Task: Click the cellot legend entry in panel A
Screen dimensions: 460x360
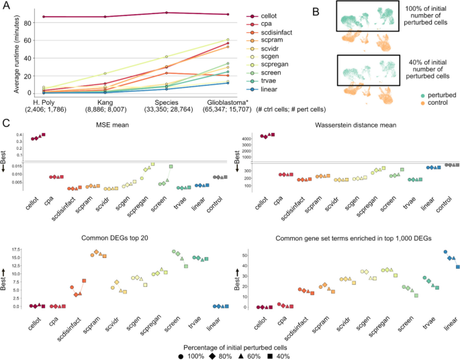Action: (261, 16)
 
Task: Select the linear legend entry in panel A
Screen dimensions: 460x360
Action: (261, 89)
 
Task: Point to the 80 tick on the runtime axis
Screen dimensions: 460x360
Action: (28, 23)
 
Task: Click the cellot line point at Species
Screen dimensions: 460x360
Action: (167, 13)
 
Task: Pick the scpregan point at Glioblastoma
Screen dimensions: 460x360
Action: (228, 40)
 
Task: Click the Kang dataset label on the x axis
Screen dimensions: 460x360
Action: (105, 103)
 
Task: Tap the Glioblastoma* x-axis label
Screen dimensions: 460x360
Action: (227, 103)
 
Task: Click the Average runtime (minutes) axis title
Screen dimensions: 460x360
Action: (16, 54)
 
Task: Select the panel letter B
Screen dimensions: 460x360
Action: (316, 11)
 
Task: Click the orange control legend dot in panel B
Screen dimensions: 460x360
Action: (422, 103)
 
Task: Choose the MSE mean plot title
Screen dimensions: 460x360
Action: (112, 125)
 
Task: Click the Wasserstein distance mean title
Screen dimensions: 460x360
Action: (355, 125)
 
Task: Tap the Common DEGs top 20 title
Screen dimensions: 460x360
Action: (115, 238)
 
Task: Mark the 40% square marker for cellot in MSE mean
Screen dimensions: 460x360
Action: (44, 135)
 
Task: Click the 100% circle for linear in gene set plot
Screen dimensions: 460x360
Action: (445, 252)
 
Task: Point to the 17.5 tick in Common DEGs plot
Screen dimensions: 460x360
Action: (16, 250)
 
